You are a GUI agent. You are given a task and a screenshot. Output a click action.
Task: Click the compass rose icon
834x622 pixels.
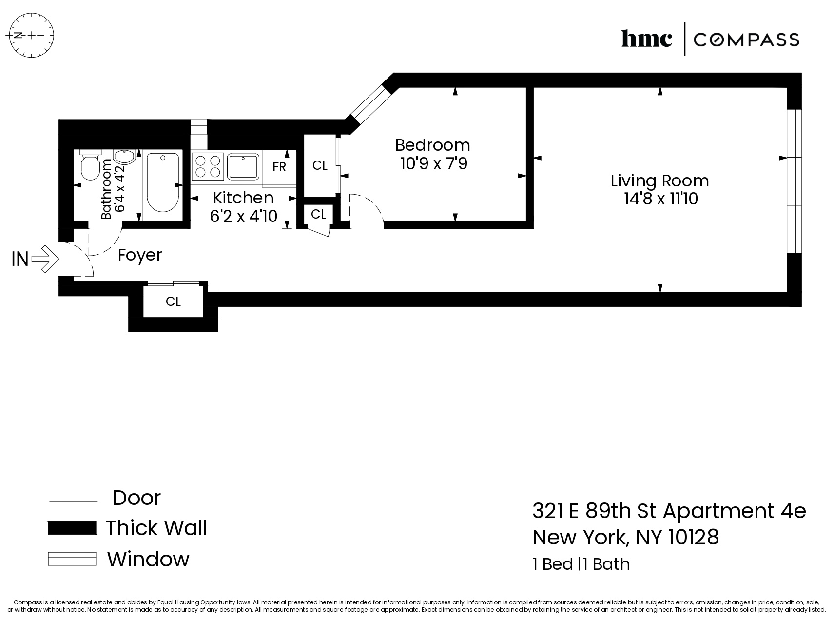pyautogui.click(x=32, y=36)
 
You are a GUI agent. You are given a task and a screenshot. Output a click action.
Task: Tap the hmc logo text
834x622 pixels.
pyautogui.click(x=646, y=39)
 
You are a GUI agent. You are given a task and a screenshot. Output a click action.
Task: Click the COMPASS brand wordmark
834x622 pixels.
pyautogui.click(x=746, y=40)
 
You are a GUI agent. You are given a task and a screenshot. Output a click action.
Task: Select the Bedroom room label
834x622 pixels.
pyautogui.click(x=432, y=145)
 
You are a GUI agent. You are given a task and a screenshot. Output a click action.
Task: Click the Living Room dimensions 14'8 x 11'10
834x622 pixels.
pyautogui.click(x=660, y=199)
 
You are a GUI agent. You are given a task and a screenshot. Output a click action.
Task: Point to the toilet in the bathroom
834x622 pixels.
pyautogui.click(x=90, y=166)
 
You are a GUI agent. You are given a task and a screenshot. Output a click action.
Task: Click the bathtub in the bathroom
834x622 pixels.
pyautogui.click(x=162, y=182)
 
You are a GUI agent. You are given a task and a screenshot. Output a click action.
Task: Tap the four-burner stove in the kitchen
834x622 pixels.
pyautogui.click(x=207, y=165)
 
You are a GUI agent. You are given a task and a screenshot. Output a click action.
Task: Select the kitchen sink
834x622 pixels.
pyautogui.click(x=243, y=166)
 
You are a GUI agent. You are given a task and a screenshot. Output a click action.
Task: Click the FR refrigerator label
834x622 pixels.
pyautogui.click(x=279, y=167)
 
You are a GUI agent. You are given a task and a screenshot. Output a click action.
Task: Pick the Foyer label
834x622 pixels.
pyautogui.click(x=140, y=255)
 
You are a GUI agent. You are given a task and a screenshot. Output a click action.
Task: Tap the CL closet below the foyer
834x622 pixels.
pyautogui.click(x=173, y=301)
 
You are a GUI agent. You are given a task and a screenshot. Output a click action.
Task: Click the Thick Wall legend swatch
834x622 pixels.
pyautogui.click(x=72, y=528)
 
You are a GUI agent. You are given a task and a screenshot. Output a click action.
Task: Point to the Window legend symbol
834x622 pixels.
pyautogui.click(x=72, y=559)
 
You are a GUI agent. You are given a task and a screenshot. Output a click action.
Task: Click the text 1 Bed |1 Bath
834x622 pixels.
pyautogui.click(x=581, y=564)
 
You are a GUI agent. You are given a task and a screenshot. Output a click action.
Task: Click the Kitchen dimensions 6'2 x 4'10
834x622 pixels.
pyautogui.click(x=243, y=216)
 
